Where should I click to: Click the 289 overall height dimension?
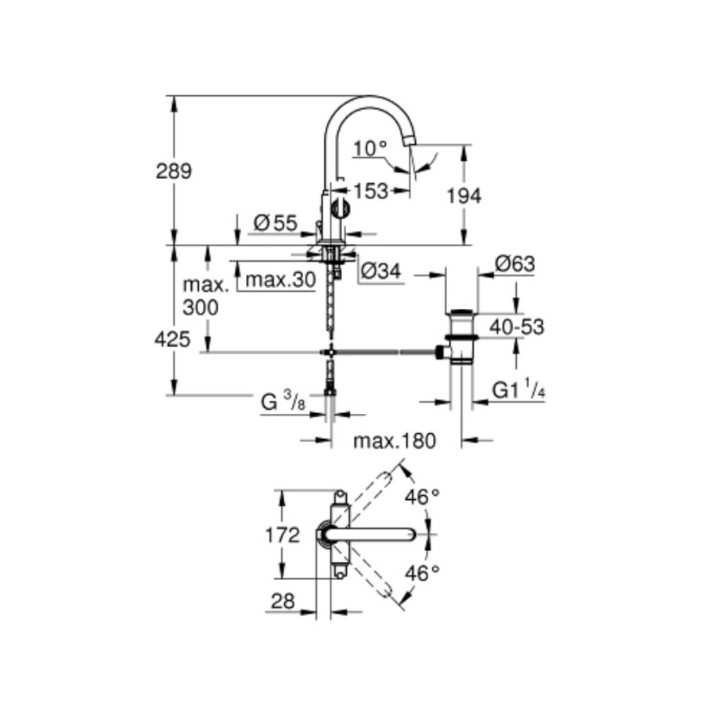pos(174,171)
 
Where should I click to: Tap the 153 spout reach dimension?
pos(372,190)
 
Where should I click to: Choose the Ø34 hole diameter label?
pos(381,270)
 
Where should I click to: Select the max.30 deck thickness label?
pos(280,280)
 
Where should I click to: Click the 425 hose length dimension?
pos(173,340)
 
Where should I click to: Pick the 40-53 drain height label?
pos(517,326)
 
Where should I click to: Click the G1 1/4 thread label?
pos(518,391)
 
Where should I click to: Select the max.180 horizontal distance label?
pos(395,441)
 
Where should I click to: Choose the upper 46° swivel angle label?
pos(422,498)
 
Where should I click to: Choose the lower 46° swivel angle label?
pos(422,573)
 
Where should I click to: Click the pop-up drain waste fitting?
pos(462,337)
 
